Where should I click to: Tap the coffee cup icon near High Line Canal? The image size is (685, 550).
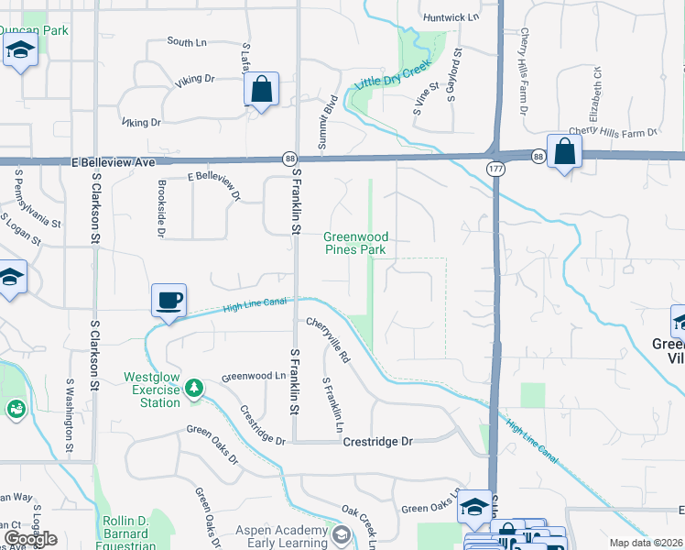[x=169, y=302]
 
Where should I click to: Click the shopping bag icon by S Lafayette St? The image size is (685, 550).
[x=261, y=90]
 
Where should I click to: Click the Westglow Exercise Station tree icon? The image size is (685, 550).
[x=193, y=389]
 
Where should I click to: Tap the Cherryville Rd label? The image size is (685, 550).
[x=329, y=338]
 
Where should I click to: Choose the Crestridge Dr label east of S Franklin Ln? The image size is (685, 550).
[x=378, y=441]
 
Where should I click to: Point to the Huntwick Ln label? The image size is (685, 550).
[x=451, y=16]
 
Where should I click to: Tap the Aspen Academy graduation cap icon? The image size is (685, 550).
[x=341, y=535]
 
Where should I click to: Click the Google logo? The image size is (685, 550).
[x=29, y=539]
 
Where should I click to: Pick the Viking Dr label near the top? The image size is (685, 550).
[x=194, y=80]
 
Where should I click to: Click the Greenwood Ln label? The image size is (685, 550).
[x=254, y=376]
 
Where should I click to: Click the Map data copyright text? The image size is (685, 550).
[x=646, y=543]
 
